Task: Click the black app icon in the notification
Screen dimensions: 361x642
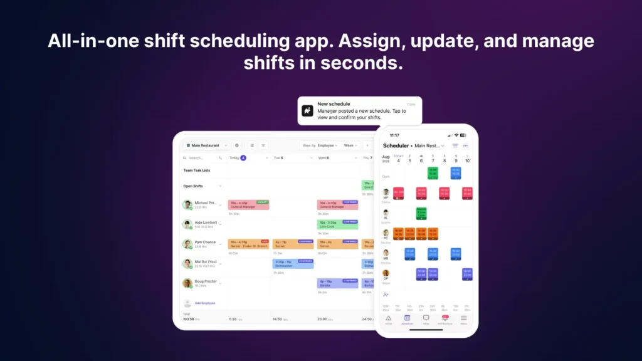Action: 307,110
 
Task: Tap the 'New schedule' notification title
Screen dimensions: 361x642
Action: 334,104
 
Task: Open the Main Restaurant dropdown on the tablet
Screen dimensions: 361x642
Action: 204,145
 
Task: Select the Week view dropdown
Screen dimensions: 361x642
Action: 350,145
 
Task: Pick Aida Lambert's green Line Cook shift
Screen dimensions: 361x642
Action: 337,224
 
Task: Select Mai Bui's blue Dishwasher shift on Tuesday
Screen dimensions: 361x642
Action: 293,264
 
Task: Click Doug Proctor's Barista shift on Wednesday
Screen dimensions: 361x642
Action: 337,283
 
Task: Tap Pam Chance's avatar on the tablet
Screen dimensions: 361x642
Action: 187,244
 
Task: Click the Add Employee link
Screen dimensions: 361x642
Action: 204,303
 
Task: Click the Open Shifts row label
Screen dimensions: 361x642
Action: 193,186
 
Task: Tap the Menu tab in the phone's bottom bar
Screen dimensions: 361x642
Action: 464,320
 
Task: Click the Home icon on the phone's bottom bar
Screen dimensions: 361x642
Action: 388,320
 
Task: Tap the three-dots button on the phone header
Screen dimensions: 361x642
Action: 465,145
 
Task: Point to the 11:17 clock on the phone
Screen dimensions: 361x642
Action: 394,135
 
